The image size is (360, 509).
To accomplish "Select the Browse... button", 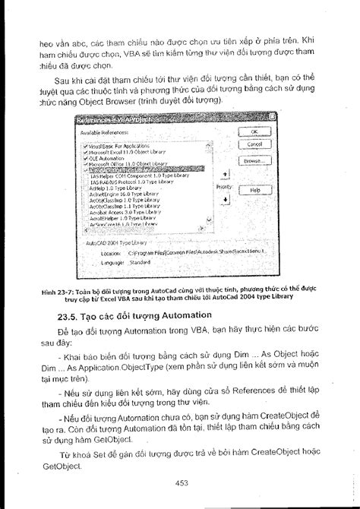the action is coord(254,161).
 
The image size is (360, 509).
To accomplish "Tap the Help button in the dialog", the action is coord(254,191).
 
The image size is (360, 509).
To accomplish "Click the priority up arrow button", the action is coord(224,173).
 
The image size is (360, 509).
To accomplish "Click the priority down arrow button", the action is coord(224,200).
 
